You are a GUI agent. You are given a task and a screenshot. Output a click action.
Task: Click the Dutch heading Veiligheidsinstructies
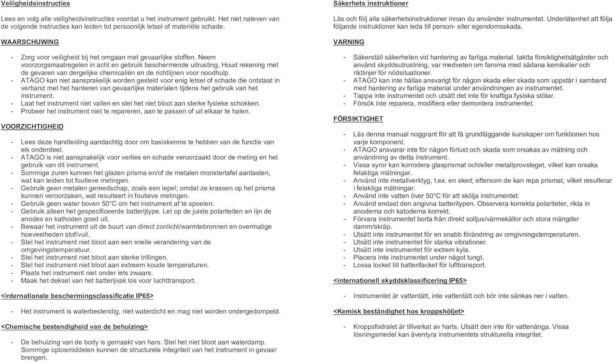coord(35,4)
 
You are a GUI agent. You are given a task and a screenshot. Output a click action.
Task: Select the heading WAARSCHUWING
coord(30,42)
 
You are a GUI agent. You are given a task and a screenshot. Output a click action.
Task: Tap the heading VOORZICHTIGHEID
coord(32,127)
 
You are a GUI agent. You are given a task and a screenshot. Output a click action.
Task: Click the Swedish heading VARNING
coord(349,42)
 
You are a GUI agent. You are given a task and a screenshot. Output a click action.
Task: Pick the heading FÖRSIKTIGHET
coord(358,119)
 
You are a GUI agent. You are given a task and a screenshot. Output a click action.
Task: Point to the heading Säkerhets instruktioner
coord(371,4)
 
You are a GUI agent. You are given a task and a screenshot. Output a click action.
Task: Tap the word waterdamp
coord(248,342)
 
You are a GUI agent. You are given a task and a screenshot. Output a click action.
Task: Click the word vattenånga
coord(532,327)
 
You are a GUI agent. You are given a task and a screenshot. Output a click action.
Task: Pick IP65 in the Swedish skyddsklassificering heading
coord(458,281)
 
